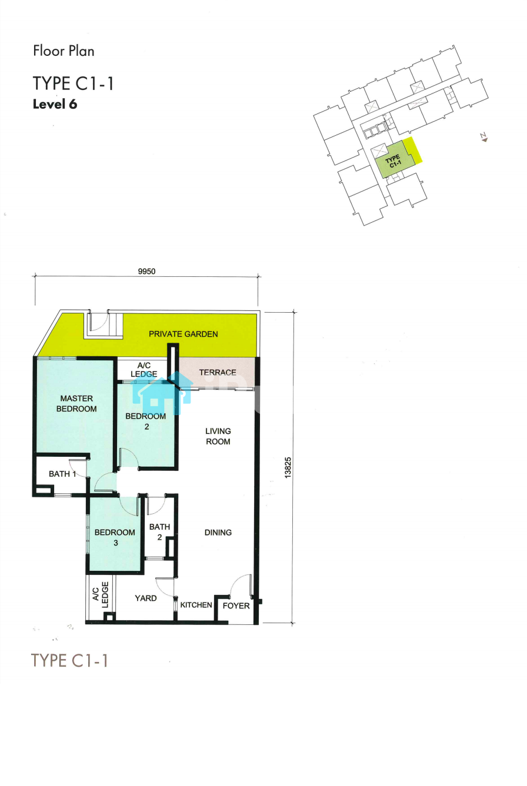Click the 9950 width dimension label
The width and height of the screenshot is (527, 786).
pyautogui.click(x=146, y=271)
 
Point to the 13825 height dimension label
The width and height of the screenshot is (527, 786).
pyautogui.click(x=288, y=467)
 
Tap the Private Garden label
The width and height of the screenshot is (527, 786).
pyautogui.click(x=184, y=334)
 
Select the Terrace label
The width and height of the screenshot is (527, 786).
pyautogui.click(x=218, y=372)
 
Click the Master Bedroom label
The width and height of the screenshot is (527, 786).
pyautogui.click(x=76, y=403)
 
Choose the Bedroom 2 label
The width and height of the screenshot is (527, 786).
pyautogui.click(x=146, y=422)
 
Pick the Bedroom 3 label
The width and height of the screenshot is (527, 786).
pyautogui.click(x=115, y=537)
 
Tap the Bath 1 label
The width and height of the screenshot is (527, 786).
pyautogui.click(x=62, y=474)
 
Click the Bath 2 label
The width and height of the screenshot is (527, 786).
pyautogui.click(x=159, y=532)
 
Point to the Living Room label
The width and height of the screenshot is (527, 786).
pyautogui.click(x=218, y=436)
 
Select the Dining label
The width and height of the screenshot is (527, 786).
pyautogui.click(x=218, y=532)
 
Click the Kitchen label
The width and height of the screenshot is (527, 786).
pyautogui.click(x=196, y=605)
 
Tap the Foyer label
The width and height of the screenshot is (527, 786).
pyautogui.click(x=236, y=606)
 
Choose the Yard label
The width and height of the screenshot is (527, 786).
pyautogui.click(x=146, y=598)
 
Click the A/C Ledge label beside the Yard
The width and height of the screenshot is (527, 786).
pyautogui.click(x=101, y=594)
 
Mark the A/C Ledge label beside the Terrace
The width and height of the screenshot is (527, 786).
pyautogui.click(x=144, y=370)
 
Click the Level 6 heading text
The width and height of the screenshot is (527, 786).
pyautogui.click(x=55, y=104)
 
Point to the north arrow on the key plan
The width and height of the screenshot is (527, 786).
pyautogui.click(x=484, y=138)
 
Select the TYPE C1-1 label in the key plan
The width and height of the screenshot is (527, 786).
pyautogui.click(x=393, y=162)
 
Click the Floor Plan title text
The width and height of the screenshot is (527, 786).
pyautogui.click(x=64, y=51)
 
